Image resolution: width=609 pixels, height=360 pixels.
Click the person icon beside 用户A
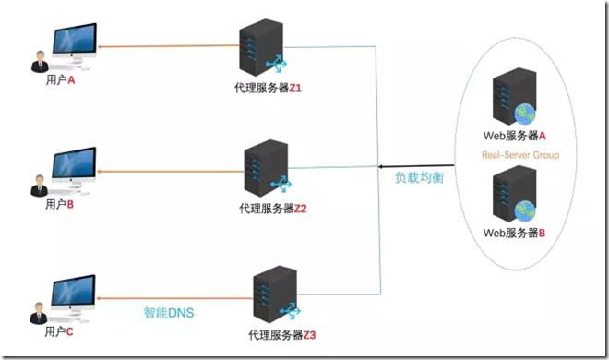[41, 62]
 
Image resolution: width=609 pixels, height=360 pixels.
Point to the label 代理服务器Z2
[272, 209]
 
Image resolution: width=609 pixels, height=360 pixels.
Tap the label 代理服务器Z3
[282, 333]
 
